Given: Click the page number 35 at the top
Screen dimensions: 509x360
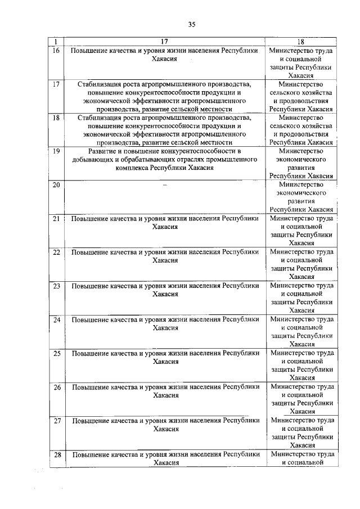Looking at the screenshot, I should pos(191,24).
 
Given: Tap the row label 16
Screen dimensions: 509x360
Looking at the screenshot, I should pos(56,51).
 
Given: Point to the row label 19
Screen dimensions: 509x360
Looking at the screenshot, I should pos(56,151).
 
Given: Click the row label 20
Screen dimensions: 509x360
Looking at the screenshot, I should pos(56,185).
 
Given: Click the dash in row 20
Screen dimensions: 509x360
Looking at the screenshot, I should pos(165,185).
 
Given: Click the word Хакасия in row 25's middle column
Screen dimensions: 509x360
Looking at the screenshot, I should pos(165,362).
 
